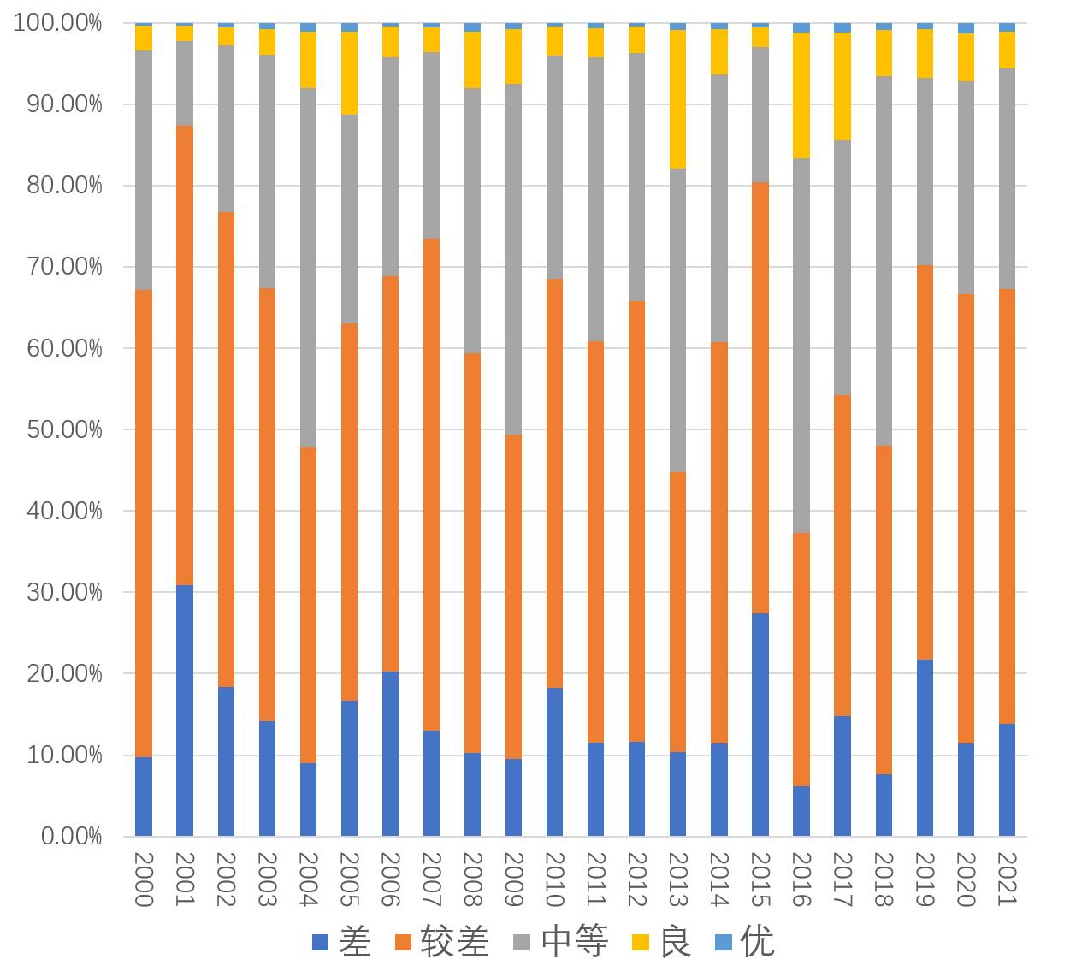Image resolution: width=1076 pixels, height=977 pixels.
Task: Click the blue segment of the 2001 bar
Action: [185, 710]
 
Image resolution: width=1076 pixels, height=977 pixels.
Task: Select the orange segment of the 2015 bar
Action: [760, 398]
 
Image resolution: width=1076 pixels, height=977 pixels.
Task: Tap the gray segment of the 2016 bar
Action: [801, 346]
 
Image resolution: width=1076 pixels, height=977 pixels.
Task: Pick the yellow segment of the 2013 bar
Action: [678, 99]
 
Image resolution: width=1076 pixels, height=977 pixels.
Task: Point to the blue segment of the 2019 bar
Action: [925, 748]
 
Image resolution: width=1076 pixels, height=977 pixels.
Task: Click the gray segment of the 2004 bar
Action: [308, 268]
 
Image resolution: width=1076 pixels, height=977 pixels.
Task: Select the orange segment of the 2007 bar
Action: [431, 484]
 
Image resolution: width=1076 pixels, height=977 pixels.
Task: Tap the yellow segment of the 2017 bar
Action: [842, 86]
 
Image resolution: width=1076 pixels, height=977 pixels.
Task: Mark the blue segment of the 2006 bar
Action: [390, 754]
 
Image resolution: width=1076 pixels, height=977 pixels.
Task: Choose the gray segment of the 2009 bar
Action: [513, 259]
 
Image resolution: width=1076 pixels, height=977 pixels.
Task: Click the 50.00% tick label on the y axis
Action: [64, 429]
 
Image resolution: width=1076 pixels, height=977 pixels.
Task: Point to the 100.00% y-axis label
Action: [57, 23]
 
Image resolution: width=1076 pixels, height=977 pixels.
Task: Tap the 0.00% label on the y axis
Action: [71, 836]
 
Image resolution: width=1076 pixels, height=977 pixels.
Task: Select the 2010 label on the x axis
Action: [554, 879]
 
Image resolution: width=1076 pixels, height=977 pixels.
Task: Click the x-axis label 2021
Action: [1007, 879]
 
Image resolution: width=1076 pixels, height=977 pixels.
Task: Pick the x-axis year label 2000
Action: [144, 879]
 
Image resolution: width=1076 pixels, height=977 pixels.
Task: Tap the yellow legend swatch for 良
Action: [640, 943]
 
